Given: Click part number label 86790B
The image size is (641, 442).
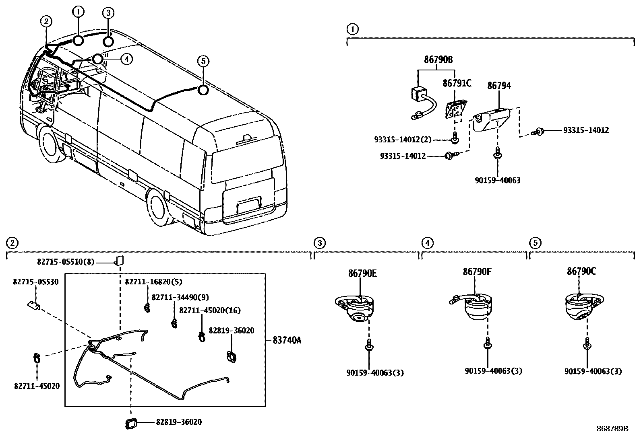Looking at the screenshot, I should tap(438, 60).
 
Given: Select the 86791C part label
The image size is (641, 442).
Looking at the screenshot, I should tap(457, 83).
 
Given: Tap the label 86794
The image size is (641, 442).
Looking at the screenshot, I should tap(499, 85).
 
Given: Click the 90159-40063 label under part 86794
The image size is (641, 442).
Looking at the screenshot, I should tap(497, 181).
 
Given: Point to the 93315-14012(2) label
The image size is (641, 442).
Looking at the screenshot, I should tap(403, 140).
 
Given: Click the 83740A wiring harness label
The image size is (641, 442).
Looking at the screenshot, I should tap(287, 340).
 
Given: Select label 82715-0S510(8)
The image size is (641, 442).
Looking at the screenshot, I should tap(65, 262).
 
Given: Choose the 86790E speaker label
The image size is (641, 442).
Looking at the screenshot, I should tap(362, 273).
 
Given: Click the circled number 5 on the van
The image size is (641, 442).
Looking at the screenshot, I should tap(203, 61).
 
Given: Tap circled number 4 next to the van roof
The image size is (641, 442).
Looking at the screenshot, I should tap(126, 59).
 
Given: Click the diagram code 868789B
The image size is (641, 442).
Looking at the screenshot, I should tap(612, 429).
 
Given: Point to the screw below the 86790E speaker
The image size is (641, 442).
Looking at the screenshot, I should tap(368, 346).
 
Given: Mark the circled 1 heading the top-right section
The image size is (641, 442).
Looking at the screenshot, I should tap(352, 29).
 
